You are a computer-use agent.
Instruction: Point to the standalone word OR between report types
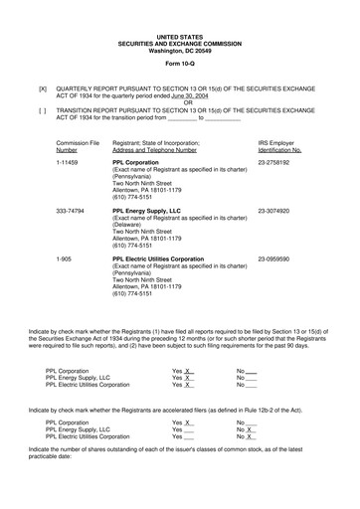click(x=180, y=103)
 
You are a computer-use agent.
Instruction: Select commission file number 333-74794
click(x=74, y=211)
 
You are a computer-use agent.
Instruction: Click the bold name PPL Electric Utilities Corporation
click(x=165, y=259)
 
